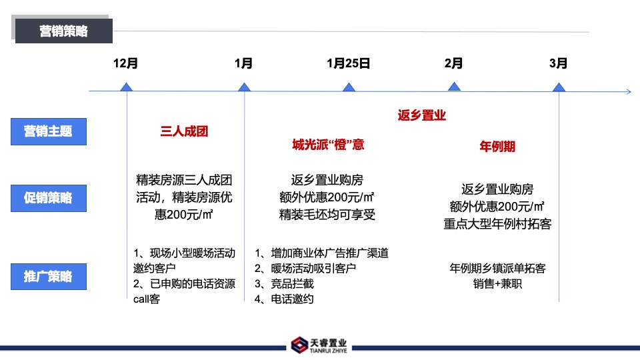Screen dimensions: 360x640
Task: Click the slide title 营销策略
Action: click(x=64, y=31)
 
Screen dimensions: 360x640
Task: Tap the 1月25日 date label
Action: click(x=348, y=63)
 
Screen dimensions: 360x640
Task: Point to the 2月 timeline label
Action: click(x=453, y=63)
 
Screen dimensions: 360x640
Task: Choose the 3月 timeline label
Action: click(x=559, y=63)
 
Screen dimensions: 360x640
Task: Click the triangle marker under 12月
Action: click(x=126, y=87)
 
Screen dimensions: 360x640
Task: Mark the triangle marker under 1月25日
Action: click(x=348, y=87)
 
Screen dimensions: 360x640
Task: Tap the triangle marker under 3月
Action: click(x=559, y=87)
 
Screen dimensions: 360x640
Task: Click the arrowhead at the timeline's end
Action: click(x=627, y=91)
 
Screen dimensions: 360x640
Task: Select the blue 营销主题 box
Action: click(x=48, y=131)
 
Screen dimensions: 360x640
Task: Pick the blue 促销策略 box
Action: click(x=48, y=198)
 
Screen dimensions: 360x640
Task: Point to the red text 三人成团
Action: click(x=185, y=131)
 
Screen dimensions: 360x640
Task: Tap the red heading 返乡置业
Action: click(x=421, y=115)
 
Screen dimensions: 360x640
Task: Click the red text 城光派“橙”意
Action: click(x=328, y=145)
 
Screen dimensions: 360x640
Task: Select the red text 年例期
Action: click(x=497, y=146)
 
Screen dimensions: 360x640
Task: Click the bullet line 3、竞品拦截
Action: click(x=284, y=283)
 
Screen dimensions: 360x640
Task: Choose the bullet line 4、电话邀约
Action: click(x=284, y=299)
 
